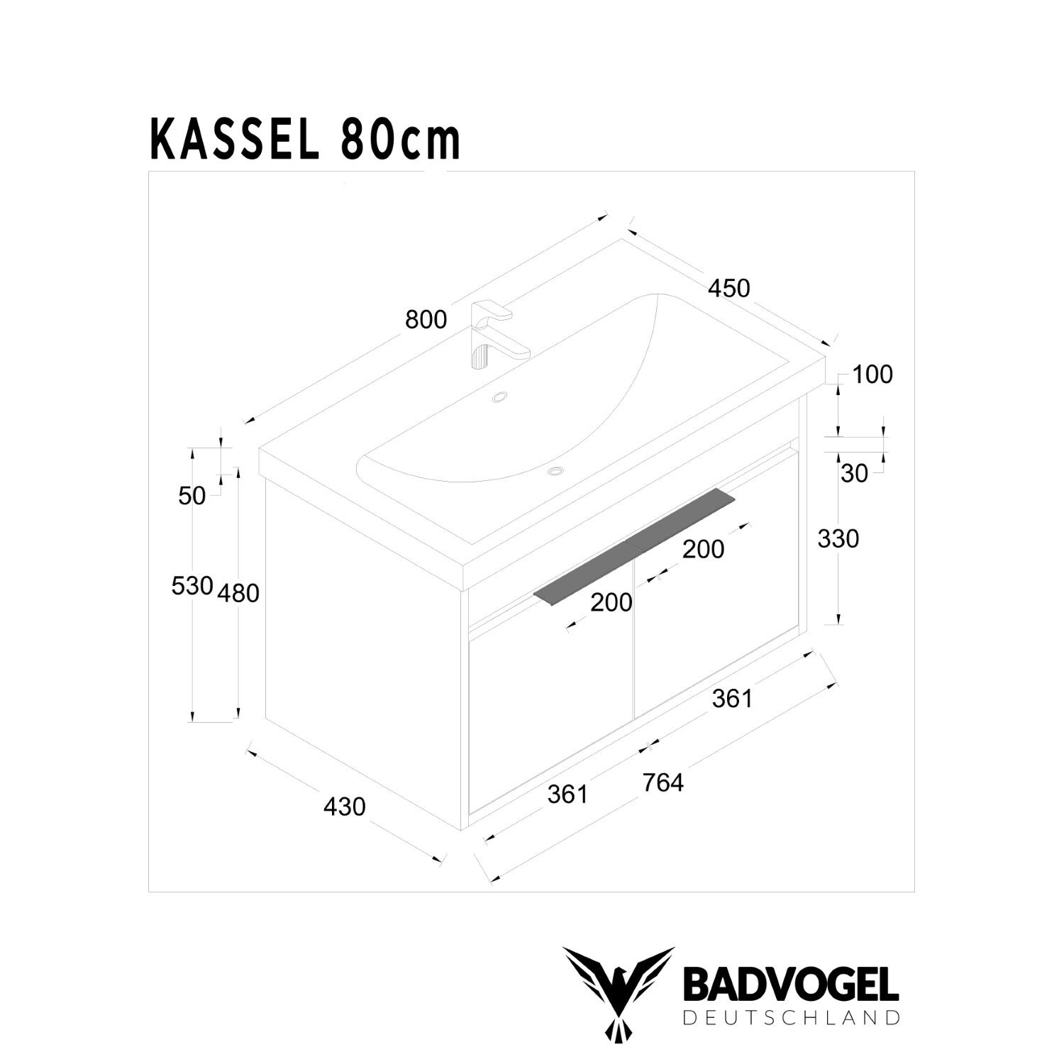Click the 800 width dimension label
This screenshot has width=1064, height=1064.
[x=426, y=320]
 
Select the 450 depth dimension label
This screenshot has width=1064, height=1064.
[x=728, y=288]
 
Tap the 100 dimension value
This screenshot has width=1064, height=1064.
[x=872, y=375]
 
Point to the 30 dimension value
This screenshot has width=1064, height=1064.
[x=854, y=474]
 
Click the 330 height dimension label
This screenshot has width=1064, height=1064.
[x=838, y=539]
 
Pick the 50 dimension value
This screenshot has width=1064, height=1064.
[x=192, y=496]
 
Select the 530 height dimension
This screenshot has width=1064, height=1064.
[x=192, y=586]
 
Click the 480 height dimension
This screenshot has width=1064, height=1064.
[x=238, y=593]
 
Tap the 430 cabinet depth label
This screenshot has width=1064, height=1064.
[x=345, y=807]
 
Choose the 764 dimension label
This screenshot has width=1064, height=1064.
[x=663, y=782]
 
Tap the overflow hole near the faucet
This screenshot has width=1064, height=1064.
[x=500, y=397]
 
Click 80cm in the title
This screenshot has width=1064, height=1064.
[x=401, y=141]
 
